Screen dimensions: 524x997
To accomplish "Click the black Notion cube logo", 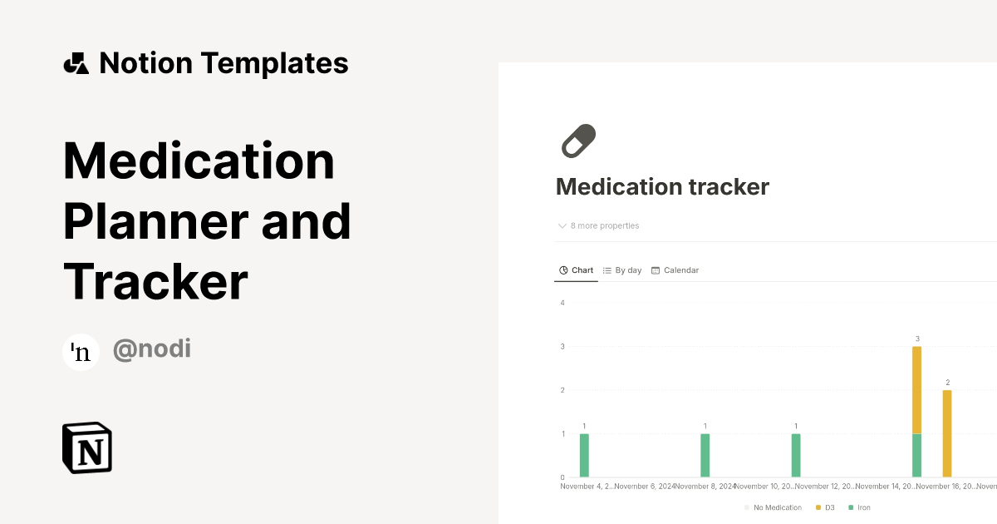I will coord(87,447).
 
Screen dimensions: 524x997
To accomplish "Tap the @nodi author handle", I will coord(152,349).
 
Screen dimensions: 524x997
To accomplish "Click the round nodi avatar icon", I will coord(81,352).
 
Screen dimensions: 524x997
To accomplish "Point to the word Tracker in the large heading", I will coord(156,281).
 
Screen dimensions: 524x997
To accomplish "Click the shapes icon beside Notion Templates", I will coord(76,63).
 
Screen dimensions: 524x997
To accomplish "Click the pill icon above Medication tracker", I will coord(579,141).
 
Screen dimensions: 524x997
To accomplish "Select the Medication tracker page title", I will coord(662,187).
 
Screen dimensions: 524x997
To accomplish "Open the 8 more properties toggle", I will coord(599,226).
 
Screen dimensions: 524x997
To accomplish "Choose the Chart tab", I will coord(577,270).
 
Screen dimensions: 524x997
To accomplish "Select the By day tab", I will coord(622,270).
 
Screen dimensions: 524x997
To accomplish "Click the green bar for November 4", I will coord(584,455).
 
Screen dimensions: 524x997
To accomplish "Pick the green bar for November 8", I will coord(705,455).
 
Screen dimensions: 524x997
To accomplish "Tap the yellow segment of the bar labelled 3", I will coord(916,389).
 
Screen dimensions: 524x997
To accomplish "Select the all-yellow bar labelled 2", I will coord(947,433).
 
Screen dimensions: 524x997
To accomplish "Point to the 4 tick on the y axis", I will coord(562,303).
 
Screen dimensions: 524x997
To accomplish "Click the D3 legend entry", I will coord(825,507).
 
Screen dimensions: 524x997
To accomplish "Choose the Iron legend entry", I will coord(860,507).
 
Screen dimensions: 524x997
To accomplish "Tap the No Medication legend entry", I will coord(774,507).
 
